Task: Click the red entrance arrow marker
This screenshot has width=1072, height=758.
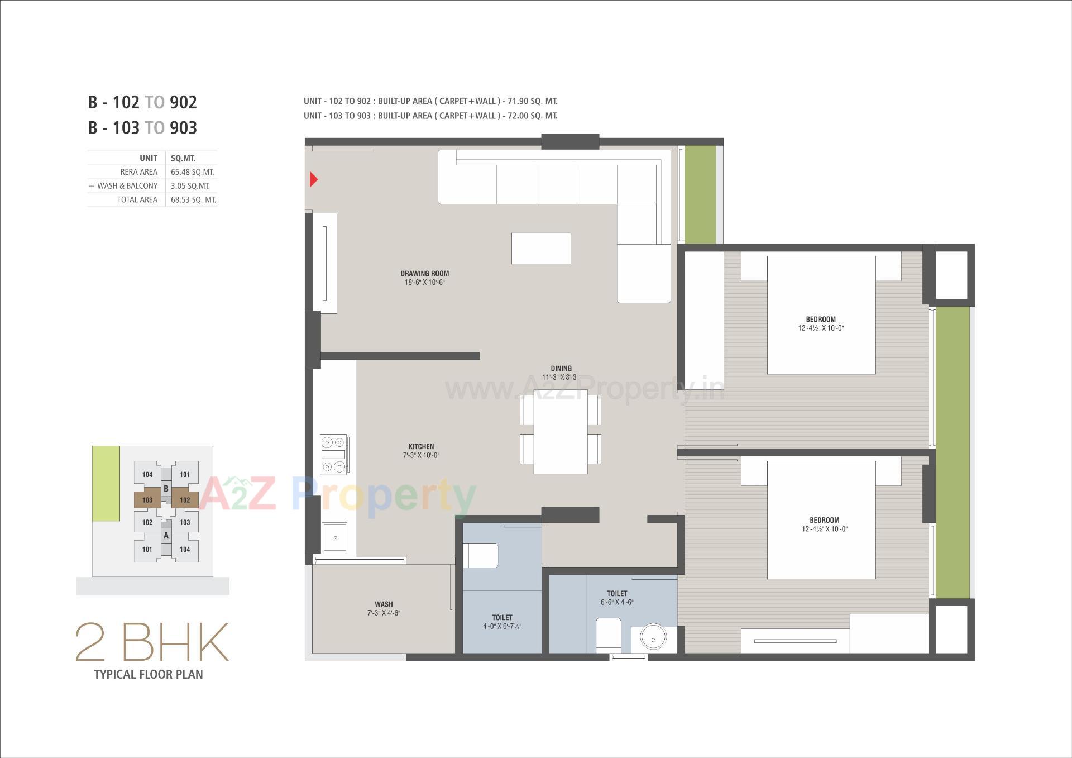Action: [x=314, y=179]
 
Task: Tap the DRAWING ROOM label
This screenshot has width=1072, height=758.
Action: [x=424, y=274]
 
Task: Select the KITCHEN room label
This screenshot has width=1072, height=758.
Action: [x=421, y=446]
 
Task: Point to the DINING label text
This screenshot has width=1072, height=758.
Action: [x=561, y=369]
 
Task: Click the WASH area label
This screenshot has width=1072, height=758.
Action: [x=384, y=604]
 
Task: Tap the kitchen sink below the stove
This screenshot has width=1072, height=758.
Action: [x=335, y=537]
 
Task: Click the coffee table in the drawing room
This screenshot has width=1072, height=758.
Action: [x=541, y=249]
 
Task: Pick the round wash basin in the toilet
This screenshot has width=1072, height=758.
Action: [x=653, y=637]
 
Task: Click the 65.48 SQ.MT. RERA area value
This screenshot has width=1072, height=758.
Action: [x=192, y=172]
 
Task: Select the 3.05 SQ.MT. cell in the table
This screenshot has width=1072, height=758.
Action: [x=190, y=186]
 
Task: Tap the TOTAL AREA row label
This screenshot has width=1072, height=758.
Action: [x=137, y=200]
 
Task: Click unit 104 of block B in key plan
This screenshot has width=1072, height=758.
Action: [x=147, y=475]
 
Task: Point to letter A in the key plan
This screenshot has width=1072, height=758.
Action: [x=166, y=536]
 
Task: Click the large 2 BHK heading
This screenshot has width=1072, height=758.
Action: [x=152, y=643]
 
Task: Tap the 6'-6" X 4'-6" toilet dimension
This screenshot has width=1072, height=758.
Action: [x=617, y=602]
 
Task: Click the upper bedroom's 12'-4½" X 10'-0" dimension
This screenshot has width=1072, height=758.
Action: [x=821, y=328]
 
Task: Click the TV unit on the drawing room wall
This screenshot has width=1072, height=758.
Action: [x=324, y=263]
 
